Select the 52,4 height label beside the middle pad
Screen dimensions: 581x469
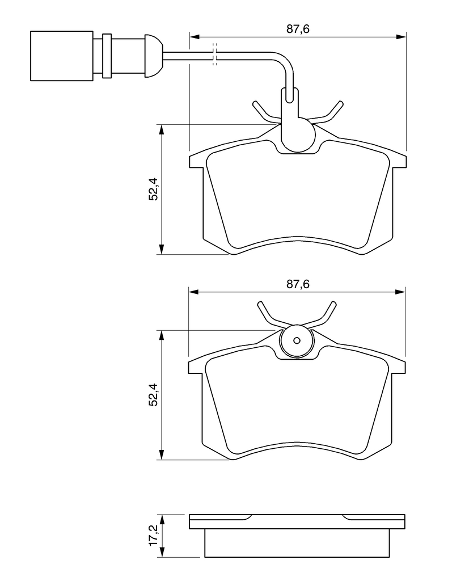click(x=153, y=395)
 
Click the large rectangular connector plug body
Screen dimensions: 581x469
click(x=61, y=55)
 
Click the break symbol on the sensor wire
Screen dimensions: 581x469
click(x=214, y=54)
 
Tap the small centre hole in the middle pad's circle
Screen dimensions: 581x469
click(x=297, y=341)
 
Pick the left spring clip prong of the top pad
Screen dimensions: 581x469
click(x=261, y=111)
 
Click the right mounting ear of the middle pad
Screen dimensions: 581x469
click(x=399, y=367)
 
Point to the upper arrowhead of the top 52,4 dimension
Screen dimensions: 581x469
click(x=162, y=130)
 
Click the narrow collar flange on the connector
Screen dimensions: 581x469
click(x=106, y=55)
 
